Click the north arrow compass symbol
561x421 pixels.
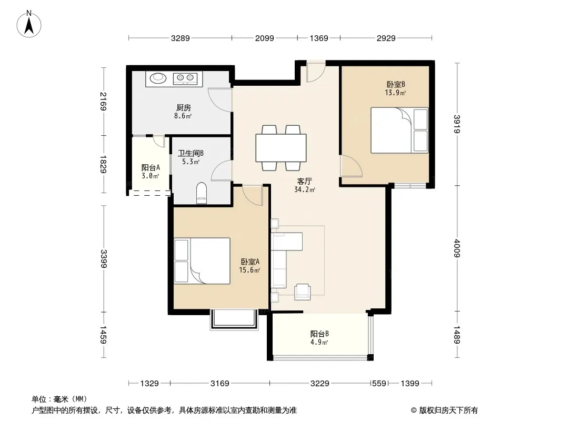coord(29,24)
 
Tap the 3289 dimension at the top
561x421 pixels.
coord(181,38)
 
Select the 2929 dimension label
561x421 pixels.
coord(386,38)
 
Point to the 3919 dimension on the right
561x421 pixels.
coord(457,124)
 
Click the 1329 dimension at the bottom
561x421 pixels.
coord(149,384)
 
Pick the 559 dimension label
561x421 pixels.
coord(379,384)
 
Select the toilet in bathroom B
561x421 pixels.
coord(202,193)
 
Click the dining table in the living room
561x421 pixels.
coord(281,148)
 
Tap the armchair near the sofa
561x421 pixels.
coord(303,292)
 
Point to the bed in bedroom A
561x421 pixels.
coord(202,261)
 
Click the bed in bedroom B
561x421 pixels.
coord(399,130)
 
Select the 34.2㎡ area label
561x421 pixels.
coord(305,190)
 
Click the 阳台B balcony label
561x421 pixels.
coord(319,334)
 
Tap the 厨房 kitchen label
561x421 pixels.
coord(184,107)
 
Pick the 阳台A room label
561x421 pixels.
coord(151,167)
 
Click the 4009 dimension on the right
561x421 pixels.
coord(457,248)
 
